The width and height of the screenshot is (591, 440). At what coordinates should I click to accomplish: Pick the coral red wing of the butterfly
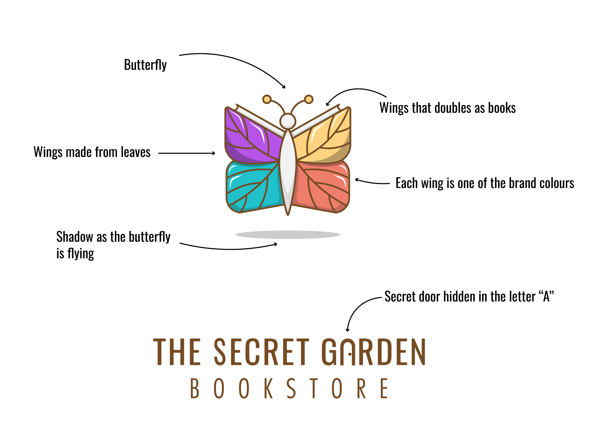(322, 186)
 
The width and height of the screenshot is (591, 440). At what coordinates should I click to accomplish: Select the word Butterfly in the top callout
(145, 65)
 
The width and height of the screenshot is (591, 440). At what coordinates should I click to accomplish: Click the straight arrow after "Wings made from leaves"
(187, 153)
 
